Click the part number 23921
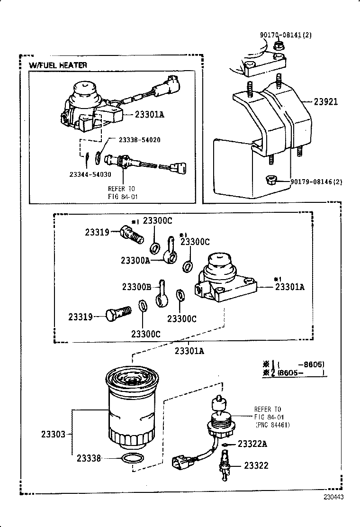326,101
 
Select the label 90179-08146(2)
316,182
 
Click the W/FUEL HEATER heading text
58,65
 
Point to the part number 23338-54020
139,140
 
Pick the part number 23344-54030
90,174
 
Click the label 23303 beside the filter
53,434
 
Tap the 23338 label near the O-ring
89,458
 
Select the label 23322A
252,444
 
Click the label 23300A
135,260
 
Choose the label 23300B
136,287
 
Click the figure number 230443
333,497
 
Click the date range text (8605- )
301,373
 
